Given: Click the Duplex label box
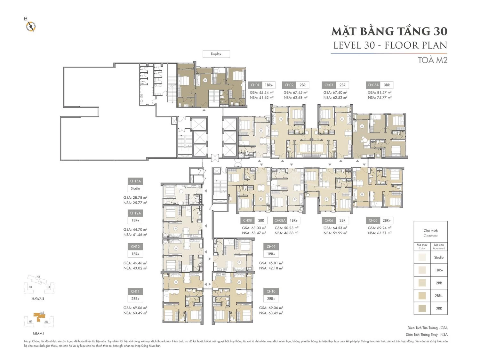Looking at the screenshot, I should (216, 54).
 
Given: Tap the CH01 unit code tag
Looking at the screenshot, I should (255, 85).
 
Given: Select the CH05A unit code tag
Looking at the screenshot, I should (373, 85).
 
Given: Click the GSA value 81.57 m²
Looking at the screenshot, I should (380, 92).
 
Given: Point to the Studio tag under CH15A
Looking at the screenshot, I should (135, 188).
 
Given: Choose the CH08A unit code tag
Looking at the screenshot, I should (280, 220).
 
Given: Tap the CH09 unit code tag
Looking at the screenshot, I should (271, 247).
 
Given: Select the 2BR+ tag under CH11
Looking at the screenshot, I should (135, 299).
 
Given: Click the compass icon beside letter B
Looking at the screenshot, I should (31, 27).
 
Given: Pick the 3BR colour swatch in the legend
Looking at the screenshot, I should (422, 308).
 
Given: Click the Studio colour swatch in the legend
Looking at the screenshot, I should (422, 257).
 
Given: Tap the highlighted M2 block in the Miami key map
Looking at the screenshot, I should (40, 316).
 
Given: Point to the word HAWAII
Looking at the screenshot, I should (38, 299).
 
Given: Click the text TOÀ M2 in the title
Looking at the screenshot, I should (433, 60).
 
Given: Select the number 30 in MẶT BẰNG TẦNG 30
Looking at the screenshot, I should (440, 31).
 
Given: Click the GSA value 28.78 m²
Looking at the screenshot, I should (135, 198).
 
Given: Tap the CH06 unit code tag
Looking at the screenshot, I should (329, 220).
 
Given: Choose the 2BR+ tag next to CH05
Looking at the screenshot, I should (387, 220).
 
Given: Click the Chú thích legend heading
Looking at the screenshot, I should (430, 231).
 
